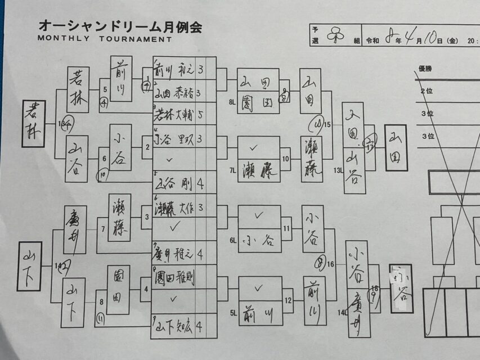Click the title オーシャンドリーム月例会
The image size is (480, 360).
click(x=119, y=26)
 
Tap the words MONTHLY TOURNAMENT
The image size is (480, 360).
click(x=105, y=39)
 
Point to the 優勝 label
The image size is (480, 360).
click(x=425, y=69)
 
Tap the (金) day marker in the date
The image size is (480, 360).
click(x=453, y=40)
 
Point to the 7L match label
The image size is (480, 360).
click(x=232, y=170)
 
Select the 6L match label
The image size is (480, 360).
click(x=232, y=240)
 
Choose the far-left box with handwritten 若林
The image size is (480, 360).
click(x=34, y=124)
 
